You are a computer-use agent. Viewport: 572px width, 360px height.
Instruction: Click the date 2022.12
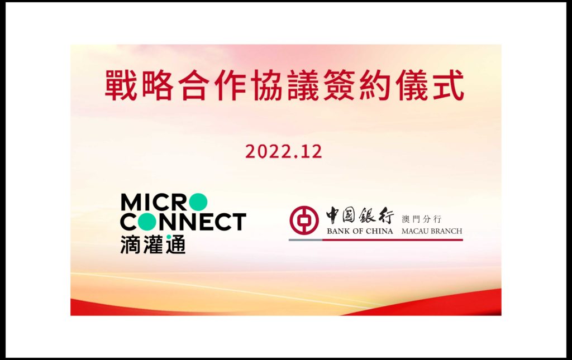[x=283, y=152]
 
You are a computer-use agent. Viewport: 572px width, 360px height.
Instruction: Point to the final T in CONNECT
[x=239, y=222]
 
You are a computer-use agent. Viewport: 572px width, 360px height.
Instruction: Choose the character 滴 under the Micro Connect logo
[x=130, y=244]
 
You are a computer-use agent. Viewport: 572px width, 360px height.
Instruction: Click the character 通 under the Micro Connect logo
[x=175, y=244]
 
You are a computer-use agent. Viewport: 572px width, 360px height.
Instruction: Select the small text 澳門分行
[x=421, y=218]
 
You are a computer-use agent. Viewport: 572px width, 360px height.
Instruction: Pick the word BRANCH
[x=447, y=231]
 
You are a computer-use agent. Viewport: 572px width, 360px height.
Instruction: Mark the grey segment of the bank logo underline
[x=306, y=239]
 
